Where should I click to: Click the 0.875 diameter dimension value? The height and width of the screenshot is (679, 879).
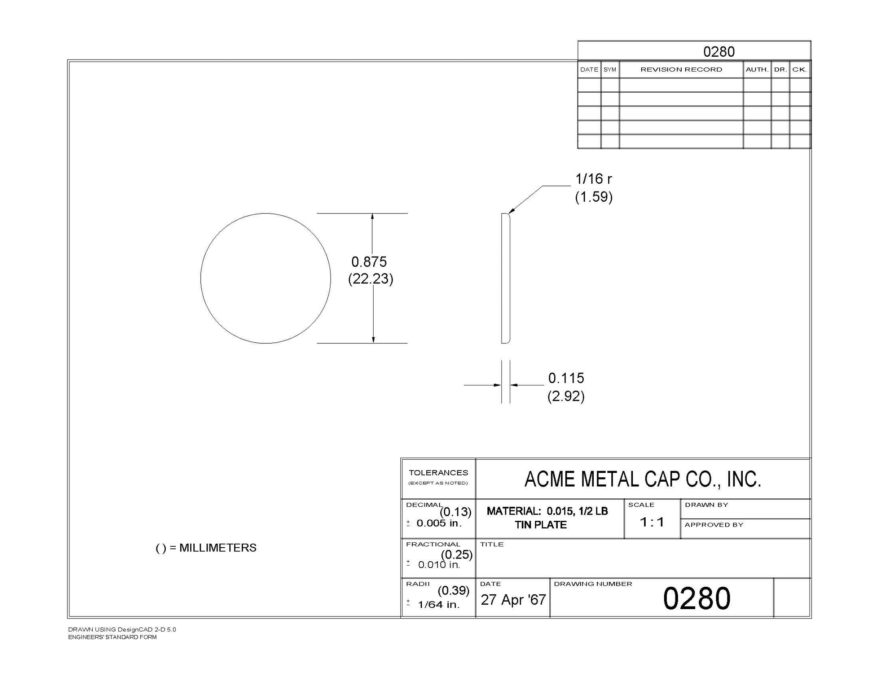click(369, 262)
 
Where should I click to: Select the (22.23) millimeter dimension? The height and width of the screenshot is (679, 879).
click(370, 279)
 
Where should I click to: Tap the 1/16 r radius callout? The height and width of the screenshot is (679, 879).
click(594, 179)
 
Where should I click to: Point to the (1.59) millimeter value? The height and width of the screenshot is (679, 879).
click(594, 197)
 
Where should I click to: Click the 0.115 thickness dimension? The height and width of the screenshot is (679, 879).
click(566, 378)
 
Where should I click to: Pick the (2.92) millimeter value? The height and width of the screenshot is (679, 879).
click(566, 396)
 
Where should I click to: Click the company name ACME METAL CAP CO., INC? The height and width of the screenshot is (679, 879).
click(643, 479)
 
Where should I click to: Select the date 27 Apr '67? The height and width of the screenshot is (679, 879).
click(513, 600)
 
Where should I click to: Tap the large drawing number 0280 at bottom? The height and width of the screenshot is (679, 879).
click(697, 599)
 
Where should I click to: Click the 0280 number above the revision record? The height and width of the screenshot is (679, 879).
click(719, 52)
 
